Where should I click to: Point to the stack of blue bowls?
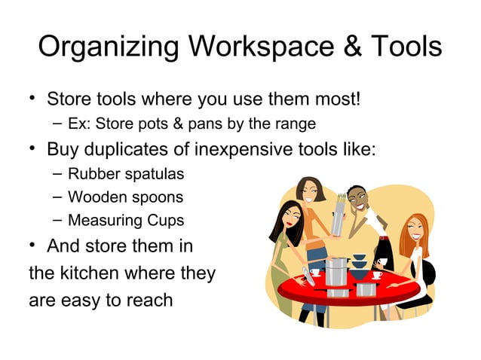(360, 264)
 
